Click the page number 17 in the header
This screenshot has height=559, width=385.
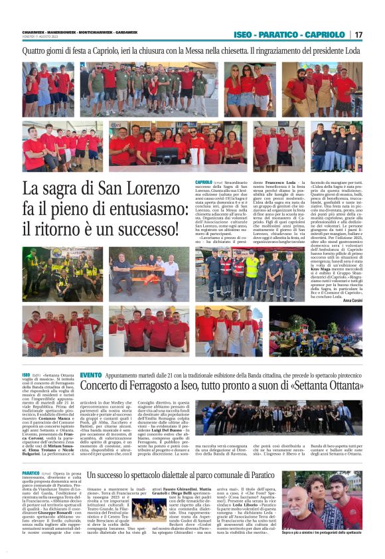click(358, 35)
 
